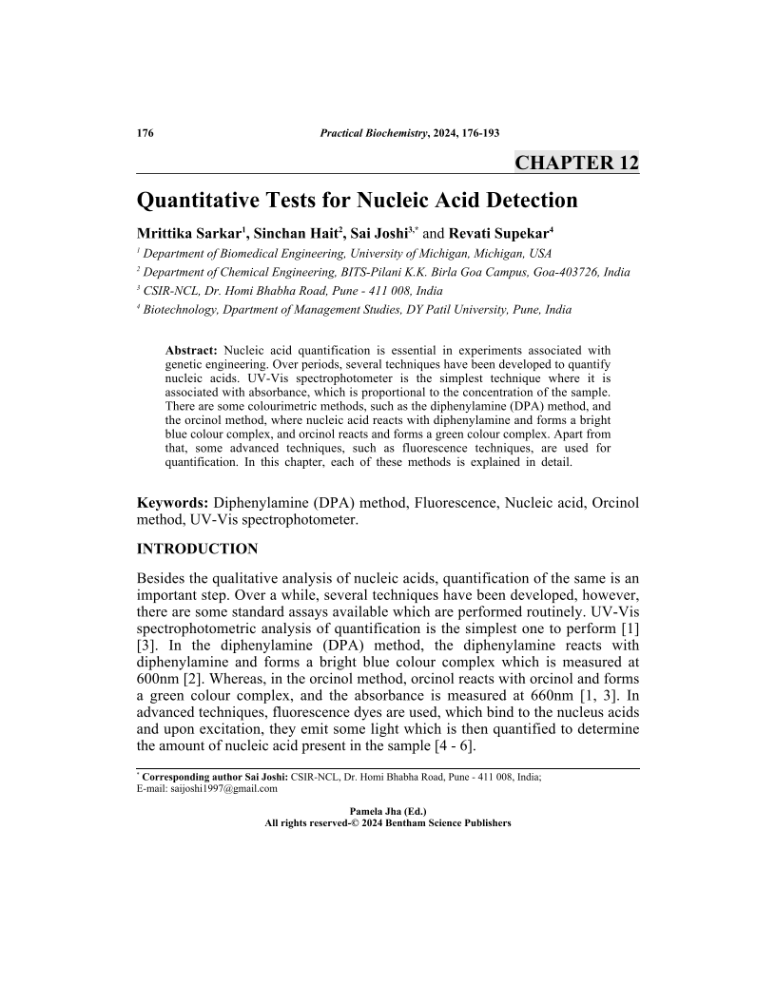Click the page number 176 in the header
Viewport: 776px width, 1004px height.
pos(145,132)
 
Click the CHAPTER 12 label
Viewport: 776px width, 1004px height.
pos(576,163)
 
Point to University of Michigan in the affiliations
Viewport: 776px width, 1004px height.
pos(447,253)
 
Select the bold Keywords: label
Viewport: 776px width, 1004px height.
pos(173,502)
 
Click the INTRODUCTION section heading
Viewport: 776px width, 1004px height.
pos(198,550)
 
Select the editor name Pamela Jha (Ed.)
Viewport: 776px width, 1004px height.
pos(388,811)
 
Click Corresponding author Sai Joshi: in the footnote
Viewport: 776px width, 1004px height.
pos(215,777)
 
